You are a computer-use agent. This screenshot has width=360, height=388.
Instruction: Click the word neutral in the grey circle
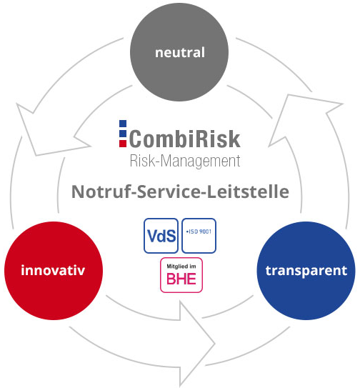(x=180, y=52)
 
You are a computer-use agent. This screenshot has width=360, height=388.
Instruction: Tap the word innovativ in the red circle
(x=53, y=270)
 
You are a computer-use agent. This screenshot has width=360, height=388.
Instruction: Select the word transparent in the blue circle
(x=306, y=271)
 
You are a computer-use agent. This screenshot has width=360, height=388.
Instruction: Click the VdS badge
(x=161, y=236)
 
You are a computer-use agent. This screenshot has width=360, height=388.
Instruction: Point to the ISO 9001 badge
(x=199, y=236)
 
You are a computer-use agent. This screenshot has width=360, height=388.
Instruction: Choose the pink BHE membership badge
(x=181, y=275)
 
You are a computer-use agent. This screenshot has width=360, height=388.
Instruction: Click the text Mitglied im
(x=181, y=267)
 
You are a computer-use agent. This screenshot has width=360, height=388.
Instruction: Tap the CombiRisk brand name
(x=184, y=139)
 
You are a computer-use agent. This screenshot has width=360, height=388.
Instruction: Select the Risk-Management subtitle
(x=185, y=161)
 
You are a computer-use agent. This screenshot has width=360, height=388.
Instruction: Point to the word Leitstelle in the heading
(x=248, y=191)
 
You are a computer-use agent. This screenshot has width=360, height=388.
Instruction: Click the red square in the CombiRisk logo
(x=123, y=144)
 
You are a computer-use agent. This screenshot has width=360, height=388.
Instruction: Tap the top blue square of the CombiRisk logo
(x=123, y=124)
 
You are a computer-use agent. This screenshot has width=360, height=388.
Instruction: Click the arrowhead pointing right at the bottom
(x=197, y=344)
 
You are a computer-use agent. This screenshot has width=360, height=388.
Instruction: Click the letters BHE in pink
(x=181, y=279)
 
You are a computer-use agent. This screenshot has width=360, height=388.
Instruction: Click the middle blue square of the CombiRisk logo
(x=123, y=134)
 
